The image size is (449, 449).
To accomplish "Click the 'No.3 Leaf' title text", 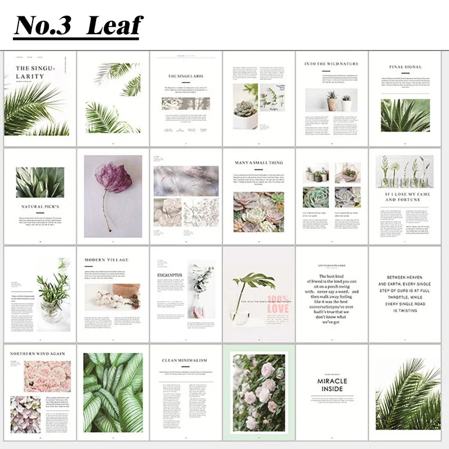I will pyautogui.click(x=78, y=25).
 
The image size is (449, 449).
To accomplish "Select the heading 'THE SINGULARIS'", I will pyautogui.click(x=186, y=75).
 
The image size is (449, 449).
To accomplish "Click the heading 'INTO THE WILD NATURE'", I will pyautogui.click(x=331, y=64).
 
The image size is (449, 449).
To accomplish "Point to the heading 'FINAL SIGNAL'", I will pyautogui.click(x=405, y=67).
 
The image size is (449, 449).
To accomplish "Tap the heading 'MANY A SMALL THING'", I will pyautogui.click(x=258, y=163).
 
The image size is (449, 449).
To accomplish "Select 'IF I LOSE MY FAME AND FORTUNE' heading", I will pyautogui.click(x=404, y=196).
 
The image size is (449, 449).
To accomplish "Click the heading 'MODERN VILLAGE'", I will pyautogui.click(x=106, y=260).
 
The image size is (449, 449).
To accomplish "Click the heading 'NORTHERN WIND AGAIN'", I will pyautogui.click(x=38, y=354).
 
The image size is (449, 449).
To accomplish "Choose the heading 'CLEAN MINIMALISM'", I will pyautogui.click(x=185, y=360).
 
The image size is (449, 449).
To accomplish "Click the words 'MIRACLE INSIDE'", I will pyautogui.click(x=332, y=384).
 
